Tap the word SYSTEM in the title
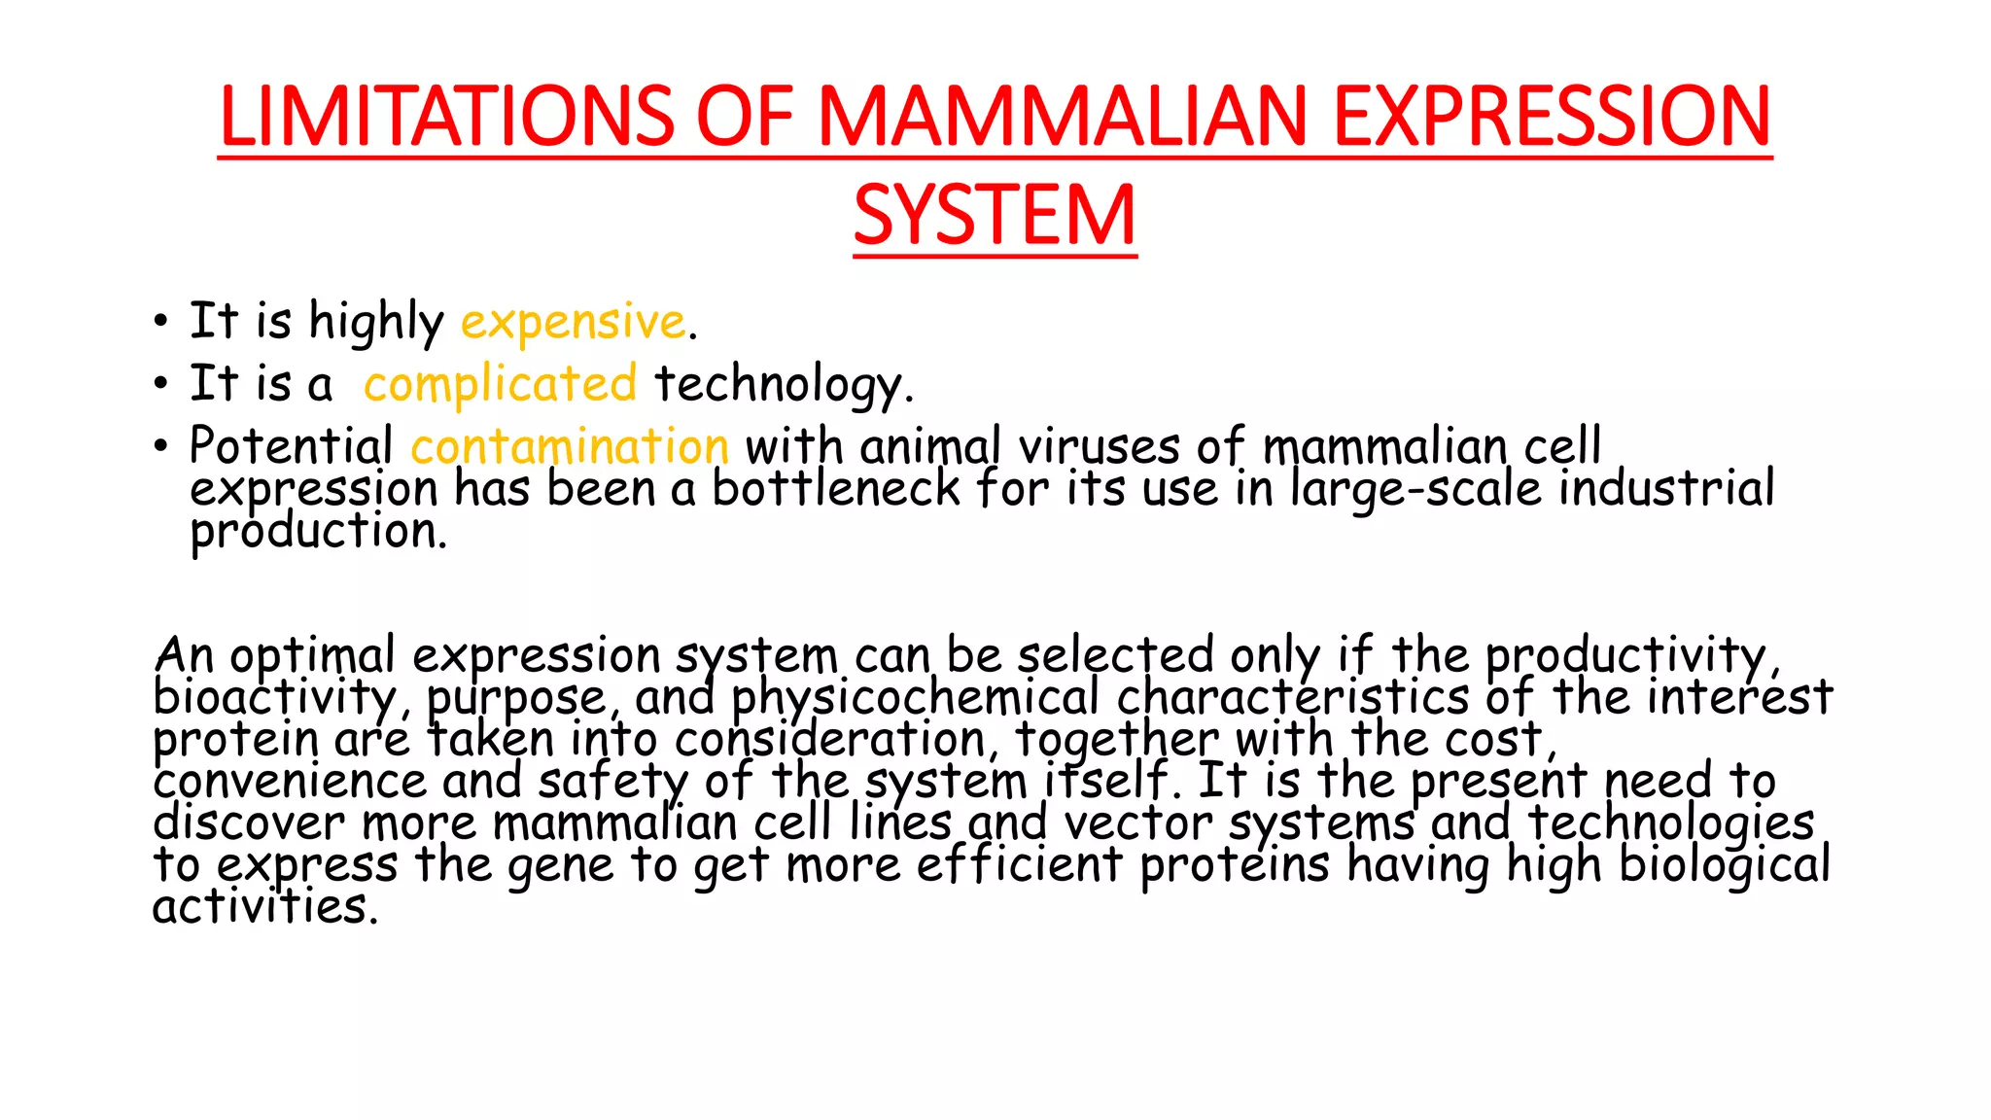(995, 216)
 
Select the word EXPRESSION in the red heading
(1552, 117)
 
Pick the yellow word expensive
(574, 322)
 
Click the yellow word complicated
(500, 384)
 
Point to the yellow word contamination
(570, 447)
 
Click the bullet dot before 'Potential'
(161, 447)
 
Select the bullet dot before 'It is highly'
(161, 322)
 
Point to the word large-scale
(1415, 489)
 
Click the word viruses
(1099, 447)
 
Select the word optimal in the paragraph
(312, 656)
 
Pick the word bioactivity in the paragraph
(274, 698)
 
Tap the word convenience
(290, 782)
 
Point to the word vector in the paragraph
(1137, 823)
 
